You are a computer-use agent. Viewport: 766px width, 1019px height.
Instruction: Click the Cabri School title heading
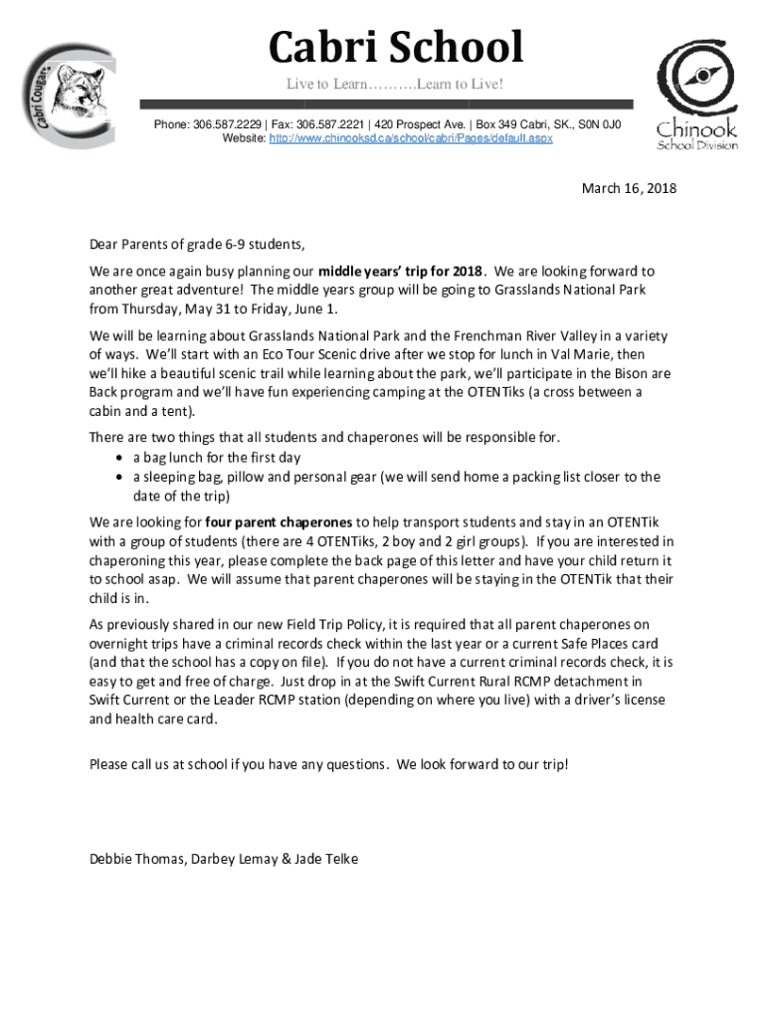(x=396, y=48)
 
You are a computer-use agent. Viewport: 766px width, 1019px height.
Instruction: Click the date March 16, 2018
(x=629, y=187)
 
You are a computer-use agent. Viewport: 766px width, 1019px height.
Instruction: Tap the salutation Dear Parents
(x=129, y=244)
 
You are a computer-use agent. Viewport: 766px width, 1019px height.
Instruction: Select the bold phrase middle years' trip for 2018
(x=401, y=271)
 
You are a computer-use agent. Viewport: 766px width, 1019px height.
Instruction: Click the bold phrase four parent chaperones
(x=279, y=521)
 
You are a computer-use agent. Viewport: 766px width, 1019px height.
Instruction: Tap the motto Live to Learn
(x=327, y=85)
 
